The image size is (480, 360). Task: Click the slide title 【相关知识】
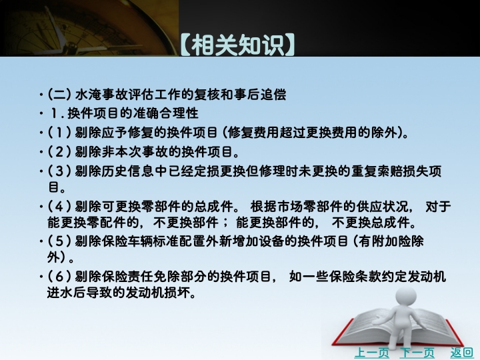tap(237, 45)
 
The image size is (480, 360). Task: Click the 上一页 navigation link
tap(371, 353)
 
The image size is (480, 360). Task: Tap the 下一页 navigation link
tap(417, 353)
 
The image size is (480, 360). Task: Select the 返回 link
tap(461, 353)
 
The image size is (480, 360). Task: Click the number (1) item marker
tap(59, 133)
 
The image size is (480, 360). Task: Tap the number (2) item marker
tap(59, 151)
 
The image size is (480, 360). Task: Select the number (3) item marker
tap(59, 171)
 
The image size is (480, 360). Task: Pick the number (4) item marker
tap(59, 206)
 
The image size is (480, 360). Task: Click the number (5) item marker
tap(59, 241)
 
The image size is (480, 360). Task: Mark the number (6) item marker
tap(59, 277)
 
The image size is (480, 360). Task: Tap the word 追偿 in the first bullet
tap(273, 94)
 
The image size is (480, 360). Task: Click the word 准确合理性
tap(165, 113)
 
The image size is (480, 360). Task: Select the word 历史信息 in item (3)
tap(128, 171)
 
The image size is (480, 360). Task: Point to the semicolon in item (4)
tap(227, 223)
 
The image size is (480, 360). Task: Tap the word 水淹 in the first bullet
tap(88, 94)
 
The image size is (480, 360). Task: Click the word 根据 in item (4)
tap(263, 206)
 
